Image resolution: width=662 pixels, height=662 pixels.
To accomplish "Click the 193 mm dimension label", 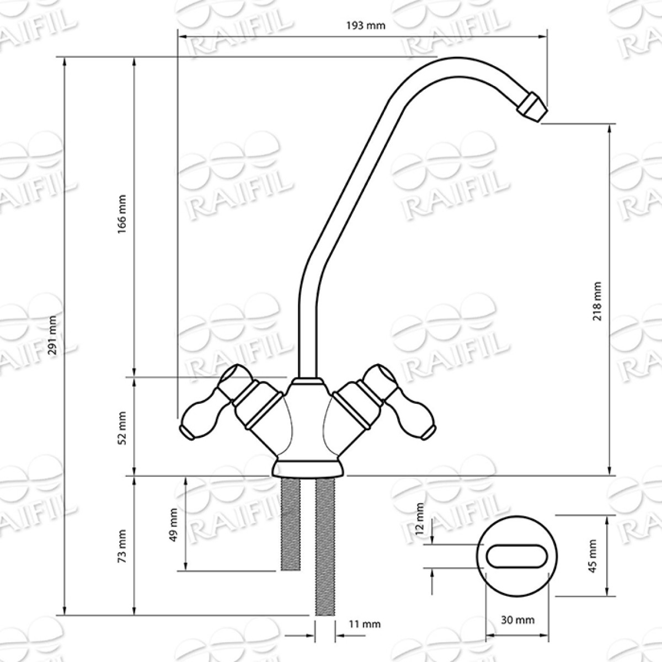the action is (x=366, y=25).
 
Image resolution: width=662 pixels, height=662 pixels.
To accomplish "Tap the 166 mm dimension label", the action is (x=121, y=214).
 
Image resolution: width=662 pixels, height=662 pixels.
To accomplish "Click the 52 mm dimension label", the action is (x=121, y=428).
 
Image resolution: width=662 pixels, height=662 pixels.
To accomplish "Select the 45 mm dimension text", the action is (x=592, y=561).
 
